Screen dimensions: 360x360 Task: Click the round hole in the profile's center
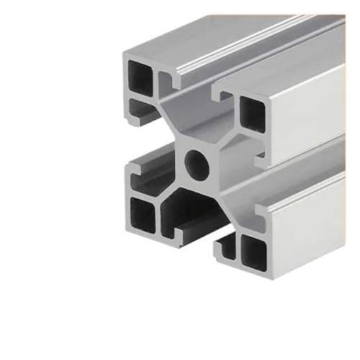pyautogui.click(x=196, y=165)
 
